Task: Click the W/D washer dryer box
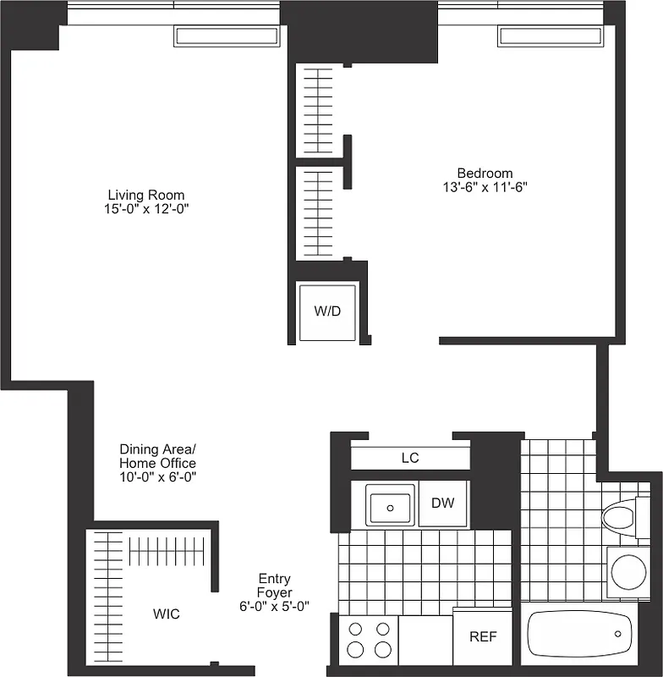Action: [327, 311]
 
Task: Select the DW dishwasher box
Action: [443, 504]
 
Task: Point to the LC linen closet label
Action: [410, 458]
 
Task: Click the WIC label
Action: [166, 614]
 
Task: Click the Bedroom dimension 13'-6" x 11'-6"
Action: [485, 187]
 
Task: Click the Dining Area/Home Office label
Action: [157, 456]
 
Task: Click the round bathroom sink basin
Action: [628, 572]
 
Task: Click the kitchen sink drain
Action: [391, 507]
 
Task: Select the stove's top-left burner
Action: [356, 629]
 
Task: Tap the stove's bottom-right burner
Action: [383, 650]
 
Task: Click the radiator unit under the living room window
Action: [227, 36]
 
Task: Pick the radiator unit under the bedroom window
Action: [551, 36]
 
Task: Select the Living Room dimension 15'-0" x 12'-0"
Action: [141, 209]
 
